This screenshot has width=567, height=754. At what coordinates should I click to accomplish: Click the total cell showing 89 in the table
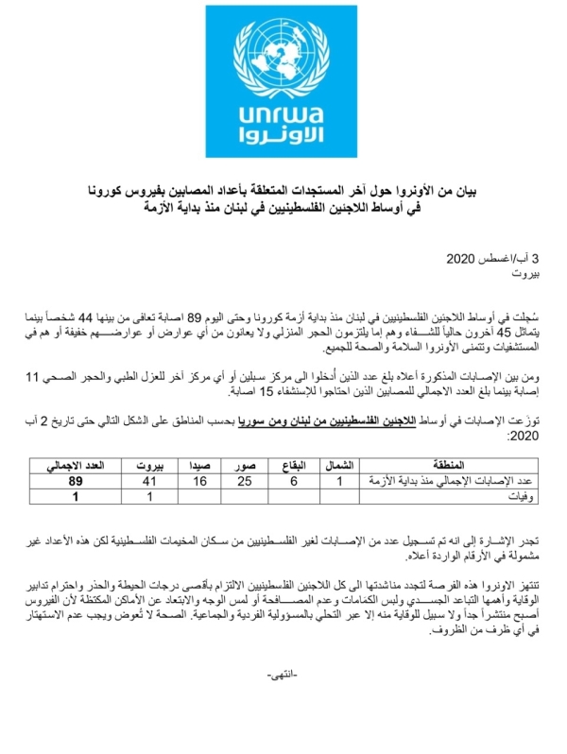pos(81,481)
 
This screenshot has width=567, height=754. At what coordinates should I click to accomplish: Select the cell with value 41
pos(149,481)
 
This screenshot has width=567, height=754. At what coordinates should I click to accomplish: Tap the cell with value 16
pos(198,481)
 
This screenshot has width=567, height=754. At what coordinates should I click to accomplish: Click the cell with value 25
pos(244,481)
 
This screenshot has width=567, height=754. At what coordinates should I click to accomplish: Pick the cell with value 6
pos(292,481)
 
